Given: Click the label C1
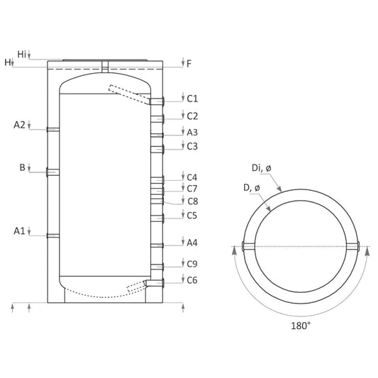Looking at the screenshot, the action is [x=192, y=99].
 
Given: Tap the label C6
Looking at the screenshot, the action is [x=192, y=280].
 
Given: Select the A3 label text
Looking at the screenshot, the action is [x=192, y=133].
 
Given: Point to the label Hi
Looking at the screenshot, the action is [x=22, y=54].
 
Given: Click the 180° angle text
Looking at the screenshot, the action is [x=301, y=326].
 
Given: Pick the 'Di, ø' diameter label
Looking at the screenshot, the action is [x=262, y=168].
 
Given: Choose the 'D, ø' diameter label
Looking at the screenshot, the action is [x=252, y=188].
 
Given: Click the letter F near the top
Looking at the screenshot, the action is [x=189, y=64].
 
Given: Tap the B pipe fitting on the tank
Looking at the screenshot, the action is [x=52, y=172].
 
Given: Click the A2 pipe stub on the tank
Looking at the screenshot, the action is [x=53, y=130].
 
